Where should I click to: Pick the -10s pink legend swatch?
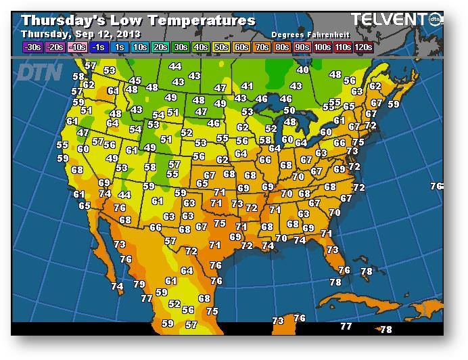tap(78, 47)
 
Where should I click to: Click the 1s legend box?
tap(120, 47)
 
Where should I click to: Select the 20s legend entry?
tap(160, 47)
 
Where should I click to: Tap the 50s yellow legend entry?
tap(221, 47)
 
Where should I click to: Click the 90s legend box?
tap(303, 47)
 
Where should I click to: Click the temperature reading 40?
tap(303, 70)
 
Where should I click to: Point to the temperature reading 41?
tap(247, 87)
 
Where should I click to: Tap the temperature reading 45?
tap(135, 81)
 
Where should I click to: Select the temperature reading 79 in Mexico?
tap(139, 284)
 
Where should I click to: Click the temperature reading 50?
tap(289, 110)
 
